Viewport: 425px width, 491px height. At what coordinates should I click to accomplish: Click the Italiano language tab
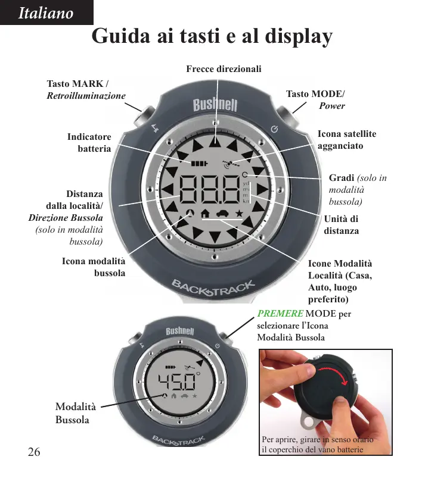(x=46, y=13)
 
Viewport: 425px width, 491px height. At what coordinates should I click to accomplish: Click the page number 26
(x=33, y=452)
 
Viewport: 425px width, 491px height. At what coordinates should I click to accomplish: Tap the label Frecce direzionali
(x=224, y=70)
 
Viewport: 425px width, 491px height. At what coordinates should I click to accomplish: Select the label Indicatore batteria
(x=89, y=143)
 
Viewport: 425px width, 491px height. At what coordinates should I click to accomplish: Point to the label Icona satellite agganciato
(x=347, y=140)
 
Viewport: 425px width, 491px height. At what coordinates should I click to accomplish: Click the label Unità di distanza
(x=342, y=224)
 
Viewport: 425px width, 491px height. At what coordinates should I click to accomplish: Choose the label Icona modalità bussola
(x=94, y=267)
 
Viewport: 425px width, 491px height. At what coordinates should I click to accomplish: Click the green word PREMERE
(x=280, y=314)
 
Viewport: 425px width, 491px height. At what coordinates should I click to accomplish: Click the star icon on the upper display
(x=238, y=212)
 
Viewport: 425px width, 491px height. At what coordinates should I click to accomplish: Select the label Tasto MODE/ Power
(x=315, y=100)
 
